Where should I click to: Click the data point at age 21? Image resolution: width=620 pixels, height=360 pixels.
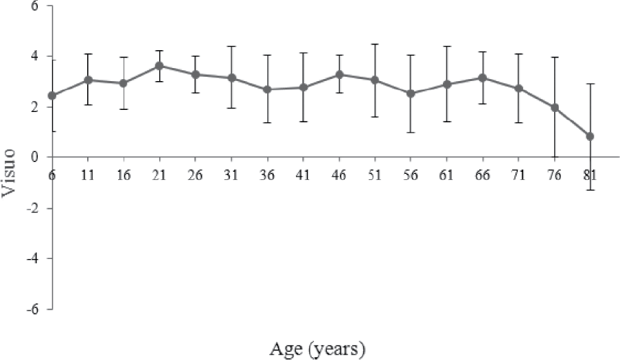pos(159,66)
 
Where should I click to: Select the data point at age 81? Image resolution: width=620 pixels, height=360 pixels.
pos(590,136)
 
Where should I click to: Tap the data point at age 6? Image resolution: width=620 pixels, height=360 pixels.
pos(52,95)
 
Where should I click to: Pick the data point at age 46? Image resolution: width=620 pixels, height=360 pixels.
pos(339,74)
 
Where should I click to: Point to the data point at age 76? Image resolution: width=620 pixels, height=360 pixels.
pos(554,107)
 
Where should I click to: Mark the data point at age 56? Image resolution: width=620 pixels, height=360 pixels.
pos(411,93)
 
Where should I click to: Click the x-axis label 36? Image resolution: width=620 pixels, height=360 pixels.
pos(267,175)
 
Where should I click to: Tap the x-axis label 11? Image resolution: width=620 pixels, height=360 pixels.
pos(88,175)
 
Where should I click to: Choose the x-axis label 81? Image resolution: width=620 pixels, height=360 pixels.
pos(590,175)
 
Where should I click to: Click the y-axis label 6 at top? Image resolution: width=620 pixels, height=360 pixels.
pos(33,6)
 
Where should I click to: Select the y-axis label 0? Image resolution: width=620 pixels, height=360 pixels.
pos(34,157)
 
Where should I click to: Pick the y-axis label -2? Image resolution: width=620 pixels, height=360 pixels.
pos(32,208)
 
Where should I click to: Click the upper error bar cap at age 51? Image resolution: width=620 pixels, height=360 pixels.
pos(375,44)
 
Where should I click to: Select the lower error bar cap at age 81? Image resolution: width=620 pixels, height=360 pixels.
pos(590,190)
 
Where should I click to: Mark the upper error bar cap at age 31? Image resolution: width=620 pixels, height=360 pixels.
pos(231,46)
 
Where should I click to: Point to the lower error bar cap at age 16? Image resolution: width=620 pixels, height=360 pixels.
pos(124,109)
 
